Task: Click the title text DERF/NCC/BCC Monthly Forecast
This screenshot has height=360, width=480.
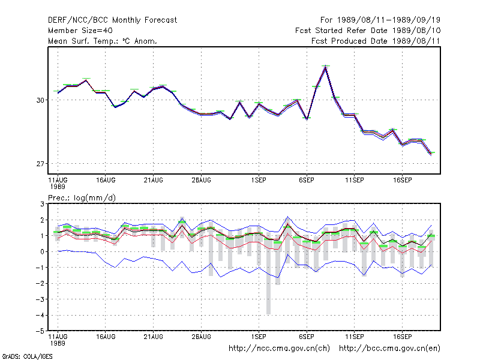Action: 112,20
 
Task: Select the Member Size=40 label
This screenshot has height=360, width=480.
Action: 80,31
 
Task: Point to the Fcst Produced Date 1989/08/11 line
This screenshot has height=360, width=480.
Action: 376,41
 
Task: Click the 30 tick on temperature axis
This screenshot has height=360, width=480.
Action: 40,100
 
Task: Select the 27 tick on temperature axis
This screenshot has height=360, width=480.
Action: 40,164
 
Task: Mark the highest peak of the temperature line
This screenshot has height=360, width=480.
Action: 326,67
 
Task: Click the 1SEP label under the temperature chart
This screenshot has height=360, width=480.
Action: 259,181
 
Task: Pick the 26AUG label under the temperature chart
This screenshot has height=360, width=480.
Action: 202,181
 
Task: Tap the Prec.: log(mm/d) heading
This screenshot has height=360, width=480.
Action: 82,198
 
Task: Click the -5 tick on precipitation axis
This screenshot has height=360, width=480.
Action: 40,331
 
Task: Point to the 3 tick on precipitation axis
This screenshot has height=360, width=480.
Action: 42,204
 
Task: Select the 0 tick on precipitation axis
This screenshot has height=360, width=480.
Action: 42,251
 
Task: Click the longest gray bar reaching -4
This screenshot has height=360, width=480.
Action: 268,274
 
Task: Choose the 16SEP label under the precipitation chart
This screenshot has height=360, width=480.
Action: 403,337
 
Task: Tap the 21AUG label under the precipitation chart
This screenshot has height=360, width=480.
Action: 154,337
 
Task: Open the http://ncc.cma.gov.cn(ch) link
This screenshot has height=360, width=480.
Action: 279,349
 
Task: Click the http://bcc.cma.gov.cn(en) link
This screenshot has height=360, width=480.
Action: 389,349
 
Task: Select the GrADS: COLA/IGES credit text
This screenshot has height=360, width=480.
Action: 27,356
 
